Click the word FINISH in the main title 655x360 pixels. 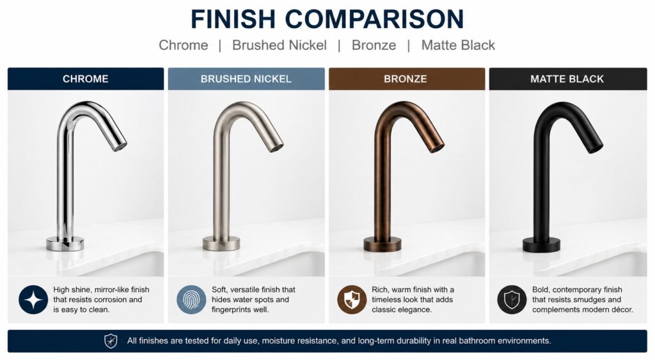tap(233, 19)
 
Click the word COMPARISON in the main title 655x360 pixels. tap(375, 19)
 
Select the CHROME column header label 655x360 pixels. tap(86, 79)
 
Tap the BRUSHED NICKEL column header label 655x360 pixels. tap(246, 79)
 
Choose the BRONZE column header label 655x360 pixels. tap(406, 79)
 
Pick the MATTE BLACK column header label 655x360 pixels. tap(567, 79)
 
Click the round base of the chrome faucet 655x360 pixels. tap(65, 244)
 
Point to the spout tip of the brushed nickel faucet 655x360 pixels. tap(276, 148)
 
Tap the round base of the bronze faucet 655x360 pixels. tap(383, 244)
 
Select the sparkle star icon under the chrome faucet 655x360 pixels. tap(33, 300)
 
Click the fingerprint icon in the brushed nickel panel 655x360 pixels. tap(191, 300)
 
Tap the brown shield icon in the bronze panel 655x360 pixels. tap(352, 300)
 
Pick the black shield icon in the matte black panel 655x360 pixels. tap(512, 300)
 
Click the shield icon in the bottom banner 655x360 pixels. tap(111, 341)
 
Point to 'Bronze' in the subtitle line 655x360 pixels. tap(374, 45)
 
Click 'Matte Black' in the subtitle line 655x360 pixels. tap(458, 45)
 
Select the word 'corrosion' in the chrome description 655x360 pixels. tap(98, 300)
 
